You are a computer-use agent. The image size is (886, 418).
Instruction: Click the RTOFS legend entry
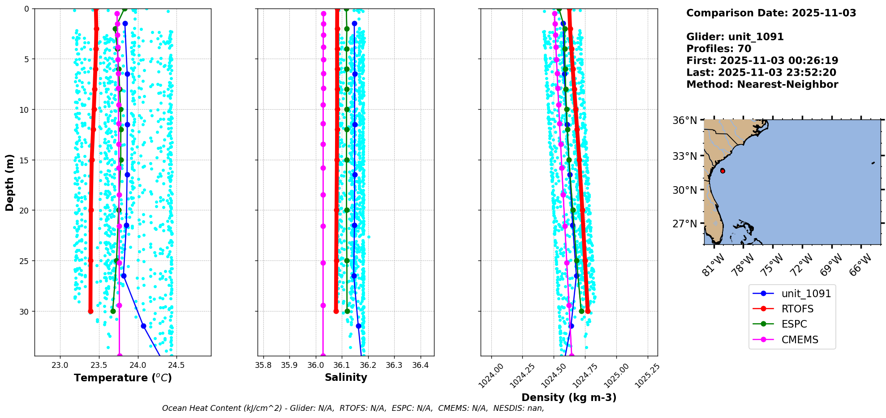tap(797, 309)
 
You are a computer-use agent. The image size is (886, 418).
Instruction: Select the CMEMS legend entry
tap(800, 340)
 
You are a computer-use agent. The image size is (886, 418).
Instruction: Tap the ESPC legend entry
tap(794, 324)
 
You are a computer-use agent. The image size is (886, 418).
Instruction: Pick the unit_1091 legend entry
tap(806, 294)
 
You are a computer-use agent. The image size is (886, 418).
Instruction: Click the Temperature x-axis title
tap(123, 378)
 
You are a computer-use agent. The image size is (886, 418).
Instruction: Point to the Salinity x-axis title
tap(346, 377)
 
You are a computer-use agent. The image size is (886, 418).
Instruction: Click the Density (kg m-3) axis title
tap(569, 397)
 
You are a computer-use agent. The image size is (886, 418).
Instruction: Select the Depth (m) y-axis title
tap(10, 182)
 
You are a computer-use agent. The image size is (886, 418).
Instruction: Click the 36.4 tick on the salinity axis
tap(420, 365)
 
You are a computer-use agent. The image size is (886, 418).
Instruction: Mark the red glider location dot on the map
tap(723, 171)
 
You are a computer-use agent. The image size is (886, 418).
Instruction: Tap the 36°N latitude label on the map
tap(684, 120)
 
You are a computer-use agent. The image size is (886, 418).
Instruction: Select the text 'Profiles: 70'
tap(718, 49)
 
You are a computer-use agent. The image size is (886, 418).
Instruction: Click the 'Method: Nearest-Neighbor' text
tap(762, 85)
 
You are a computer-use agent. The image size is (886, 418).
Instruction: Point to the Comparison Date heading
tap(771, 13)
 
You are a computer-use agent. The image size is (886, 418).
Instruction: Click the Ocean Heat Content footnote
tap(353, 408)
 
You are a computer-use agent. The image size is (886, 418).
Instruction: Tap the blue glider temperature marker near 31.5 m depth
tap(143, 326)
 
